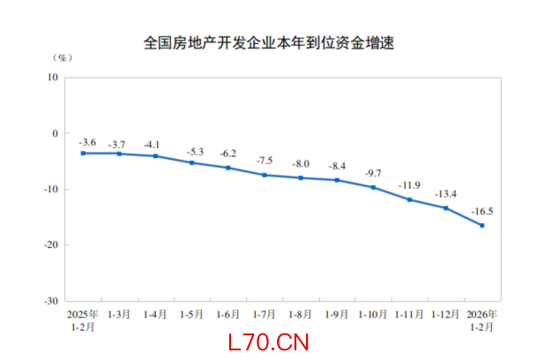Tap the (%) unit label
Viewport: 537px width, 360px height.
[x=63, y=58]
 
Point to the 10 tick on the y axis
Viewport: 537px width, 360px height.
[x=53, y=78]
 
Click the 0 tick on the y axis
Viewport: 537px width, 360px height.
[x=55, y=133]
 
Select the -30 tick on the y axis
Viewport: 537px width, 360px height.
[x=51, y=300]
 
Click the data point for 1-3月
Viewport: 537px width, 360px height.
[x=119, y=154]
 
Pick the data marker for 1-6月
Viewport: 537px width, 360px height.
[x=227, y=168]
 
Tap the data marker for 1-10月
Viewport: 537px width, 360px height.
[x=373, y=187]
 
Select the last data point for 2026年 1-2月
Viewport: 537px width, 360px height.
[x=481, y=225]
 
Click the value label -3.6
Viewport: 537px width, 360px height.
[x=87, y=141]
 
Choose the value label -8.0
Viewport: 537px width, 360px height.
[x=301, y=165]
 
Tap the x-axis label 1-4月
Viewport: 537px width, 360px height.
[x=155, y=314]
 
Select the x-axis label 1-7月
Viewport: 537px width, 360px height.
[x=265, y=314]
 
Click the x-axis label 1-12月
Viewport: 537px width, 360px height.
[x=445, y=314]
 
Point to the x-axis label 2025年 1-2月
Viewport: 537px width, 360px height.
[x=83, y=319]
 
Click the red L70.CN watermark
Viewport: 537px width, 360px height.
[x=267, y=342]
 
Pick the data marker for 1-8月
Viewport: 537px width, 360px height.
[x=301, y=177]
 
